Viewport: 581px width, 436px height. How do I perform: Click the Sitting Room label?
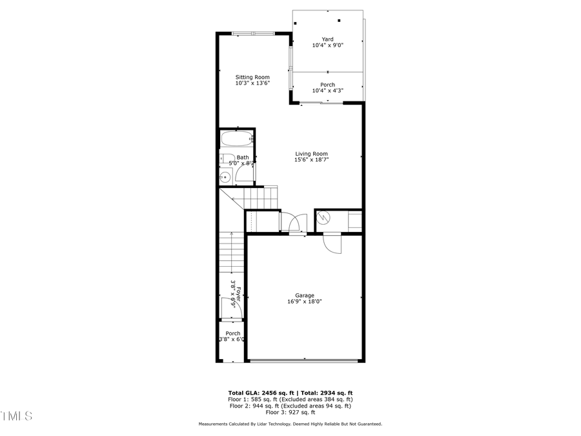pos(252,77)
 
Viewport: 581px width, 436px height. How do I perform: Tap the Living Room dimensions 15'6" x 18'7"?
pos(312,160)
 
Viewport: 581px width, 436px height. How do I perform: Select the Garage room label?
pos(305,295)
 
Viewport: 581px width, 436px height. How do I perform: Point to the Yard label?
pos(327,39)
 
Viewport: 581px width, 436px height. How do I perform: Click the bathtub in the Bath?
pos(236,139)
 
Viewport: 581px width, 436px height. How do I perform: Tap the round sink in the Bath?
pos(225,177)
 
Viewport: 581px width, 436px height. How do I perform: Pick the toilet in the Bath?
pos(227,159)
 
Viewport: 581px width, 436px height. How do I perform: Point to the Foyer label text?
pos(238,294)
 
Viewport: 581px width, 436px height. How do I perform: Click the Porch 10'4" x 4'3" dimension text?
pos(327,90)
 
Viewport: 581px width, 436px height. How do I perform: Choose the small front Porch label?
pos(232,333)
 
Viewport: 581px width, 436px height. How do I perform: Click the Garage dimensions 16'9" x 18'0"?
pos(305,302)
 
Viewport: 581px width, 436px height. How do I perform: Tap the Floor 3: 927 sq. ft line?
pos(290,412)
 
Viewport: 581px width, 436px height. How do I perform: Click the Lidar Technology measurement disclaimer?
pos(290,424)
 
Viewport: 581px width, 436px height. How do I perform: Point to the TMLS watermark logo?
pos(16,415)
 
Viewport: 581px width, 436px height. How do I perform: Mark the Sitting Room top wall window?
pos(252,33)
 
